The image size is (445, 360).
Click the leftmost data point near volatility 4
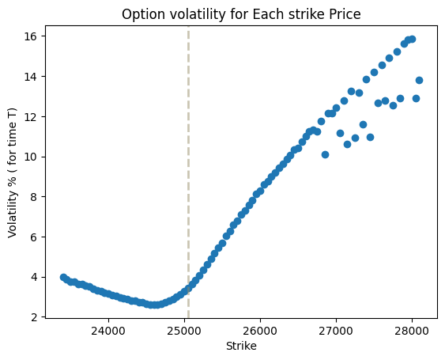63,277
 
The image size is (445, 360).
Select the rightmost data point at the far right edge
419,80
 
